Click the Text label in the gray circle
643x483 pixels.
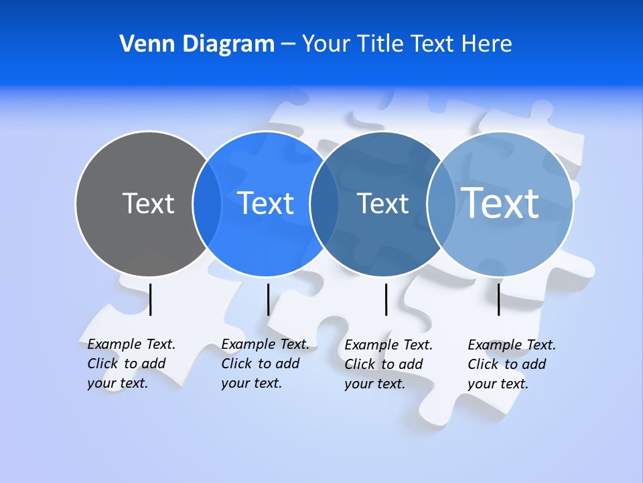pyautogui.click(x=148, y=203)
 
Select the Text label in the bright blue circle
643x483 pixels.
pyautogui.click(x=266, y=203)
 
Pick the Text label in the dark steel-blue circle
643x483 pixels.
pyautogui.click(x=382, y=203)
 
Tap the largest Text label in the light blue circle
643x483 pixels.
pyautogui.click(x=500, y=203)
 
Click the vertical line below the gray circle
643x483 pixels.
pyautogui.click(x=151, y=299)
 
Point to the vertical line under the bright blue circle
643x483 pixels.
pyautogui.click(x=268, y=299)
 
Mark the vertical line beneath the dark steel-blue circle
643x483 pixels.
pyautogui.click(x=386, y=299)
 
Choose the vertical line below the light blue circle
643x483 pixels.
pyautogui.click(x=498, y=299)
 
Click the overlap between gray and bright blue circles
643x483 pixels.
pyautogui.click(x=207, y=203)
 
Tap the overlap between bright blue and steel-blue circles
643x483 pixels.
pyautogui.click(x=324, y=203)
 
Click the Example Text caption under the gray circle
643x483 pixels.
pyautogui.click(x=131, y=364)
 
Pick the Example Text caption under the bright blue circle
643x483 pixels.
pyautogui.click(x=265, y=364)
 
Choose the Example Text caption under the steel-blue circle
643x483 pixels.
pyautogui.click(x=388, y=364)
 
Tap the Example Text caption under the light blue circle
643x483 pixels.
pyautogui.click(x=511, y=364)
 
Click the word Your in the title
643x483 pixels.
pyautogui.click(x=327, y=44)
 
